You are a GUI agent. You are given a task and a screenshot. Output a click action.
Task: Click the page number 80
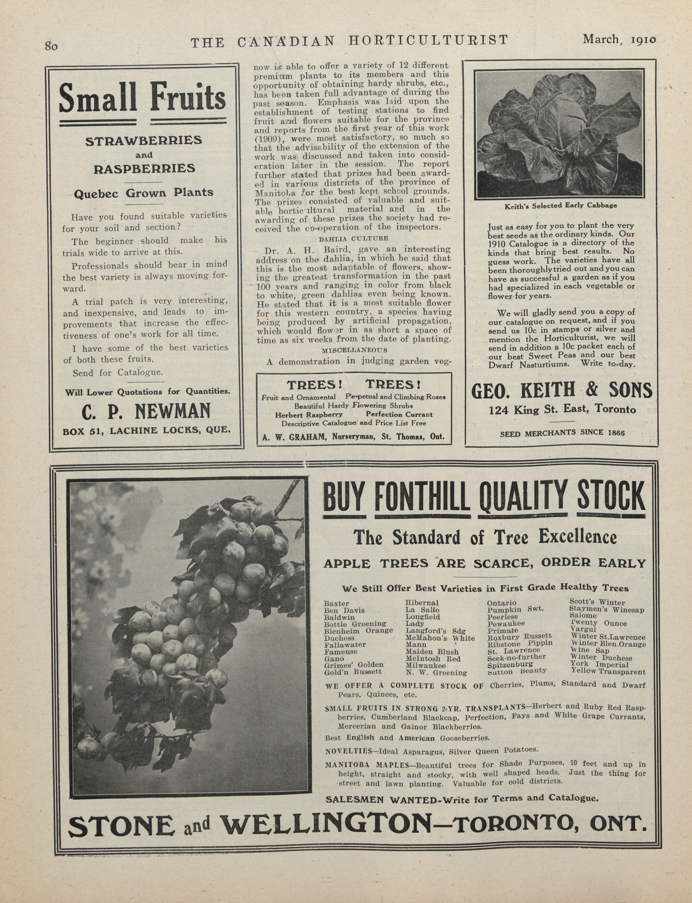52,46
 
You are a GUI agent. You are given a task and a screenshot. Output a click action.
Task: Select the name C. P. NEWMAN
146,411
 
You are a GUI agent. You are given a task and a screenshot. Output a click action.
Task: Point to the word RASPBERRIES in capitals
144,169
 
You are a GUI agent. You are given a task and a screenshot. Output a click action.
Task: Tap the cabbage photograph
559,134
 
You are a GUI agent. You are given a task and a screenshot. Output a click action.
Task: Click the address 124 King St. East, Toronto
562,410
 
